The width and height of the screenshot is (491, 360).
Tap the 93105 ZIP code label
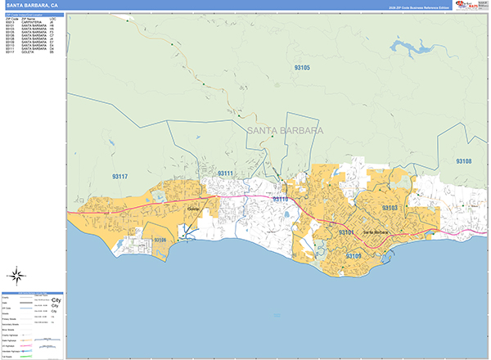pos(302,67)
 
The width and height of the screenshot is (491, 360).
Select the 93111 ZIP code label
pos(226,173)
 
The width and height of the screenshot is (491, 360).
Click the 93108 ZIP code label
pos(464,161)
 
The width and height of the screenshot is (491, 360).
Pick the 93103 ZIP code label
pos(390,209)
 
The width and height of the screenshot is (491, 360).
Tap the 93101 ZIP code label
pos(347,233)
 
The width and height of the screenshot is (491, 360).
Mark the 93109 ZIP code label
pos(353,256)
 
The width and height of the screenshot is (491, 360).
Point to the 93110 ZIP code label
pos(280,199)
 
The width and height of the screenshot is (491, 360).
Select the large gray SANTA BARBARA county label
pos(284,131)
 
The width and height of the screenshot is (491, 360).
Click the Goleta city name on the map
pos(194,209)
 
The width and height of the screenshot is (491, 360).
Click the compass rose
pos(17,274)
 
